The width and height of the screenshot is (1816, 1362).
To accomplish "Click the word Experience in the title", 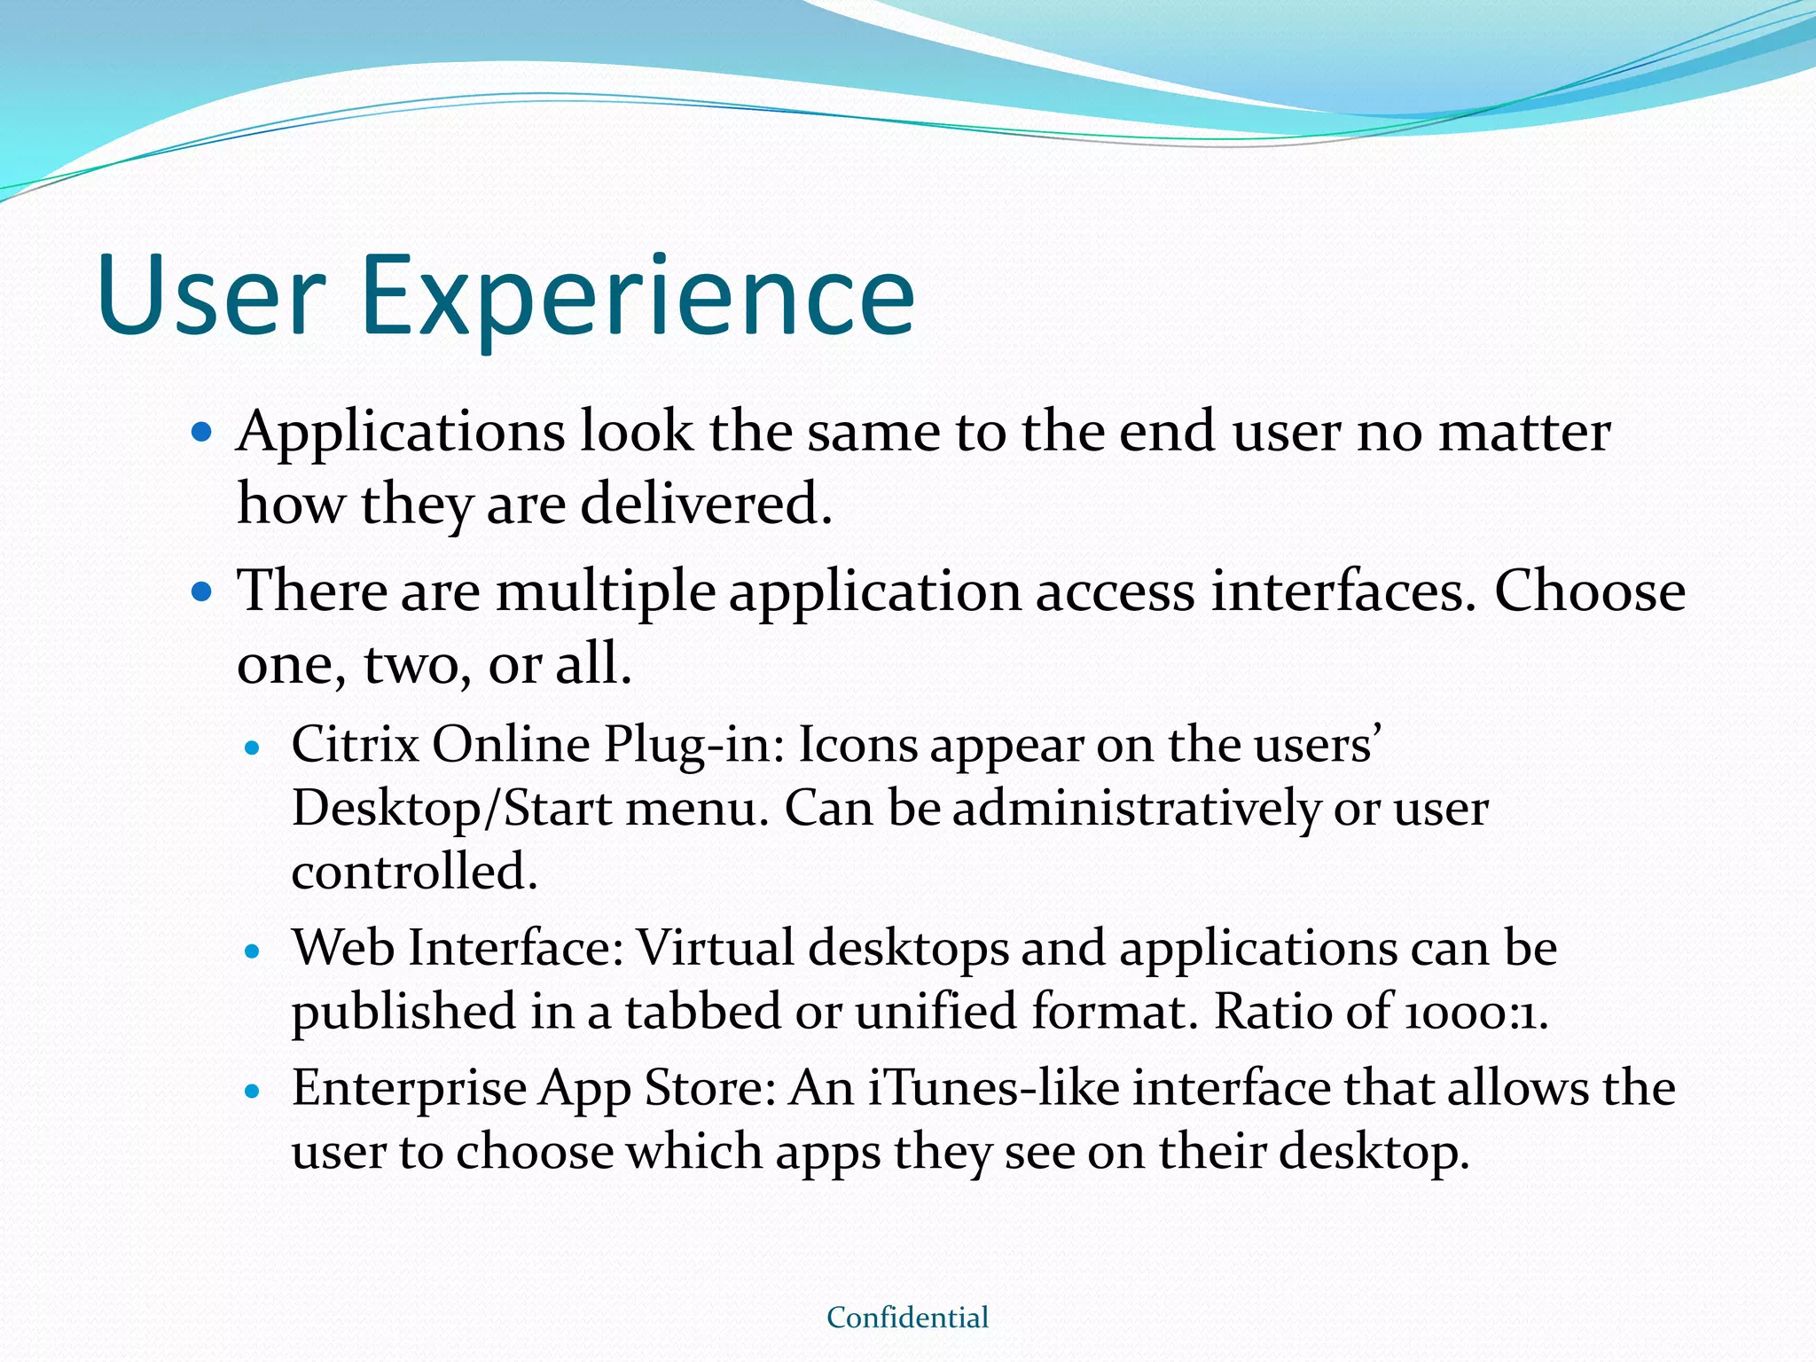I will tap(637, 297).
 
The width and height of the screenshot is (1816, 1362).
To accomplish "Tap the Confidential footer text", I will tap(907, 1318).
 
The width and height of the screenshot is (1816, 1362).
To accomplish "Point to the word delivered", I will tap(706, 504).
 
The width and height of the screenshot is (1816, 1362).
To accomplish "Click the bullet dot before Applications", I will tap(202, 433).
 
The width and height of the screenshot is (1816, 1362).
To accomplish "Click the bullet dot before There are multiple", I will tap(202, 591).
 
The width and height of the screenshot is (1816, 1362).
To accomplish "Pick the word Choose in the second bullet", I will tap(1589, 591).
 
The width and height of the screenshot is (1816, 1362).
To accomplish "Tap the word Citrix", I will tap(355, 744).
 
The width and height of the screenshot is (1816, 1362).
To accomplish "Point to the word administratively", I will tap(1136, 810).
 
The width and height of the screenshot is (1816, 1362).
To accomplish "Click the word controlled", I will tap(414, 872).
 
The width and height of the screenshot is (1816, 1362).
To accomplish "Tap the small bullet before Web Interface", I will tap(253, 952).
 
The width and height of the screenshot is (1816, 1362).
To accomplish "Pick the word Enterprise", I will tap(409, 1090).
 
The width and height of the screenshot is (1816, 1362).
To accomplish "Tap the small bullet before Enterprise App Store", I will tap(253, 1092).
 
